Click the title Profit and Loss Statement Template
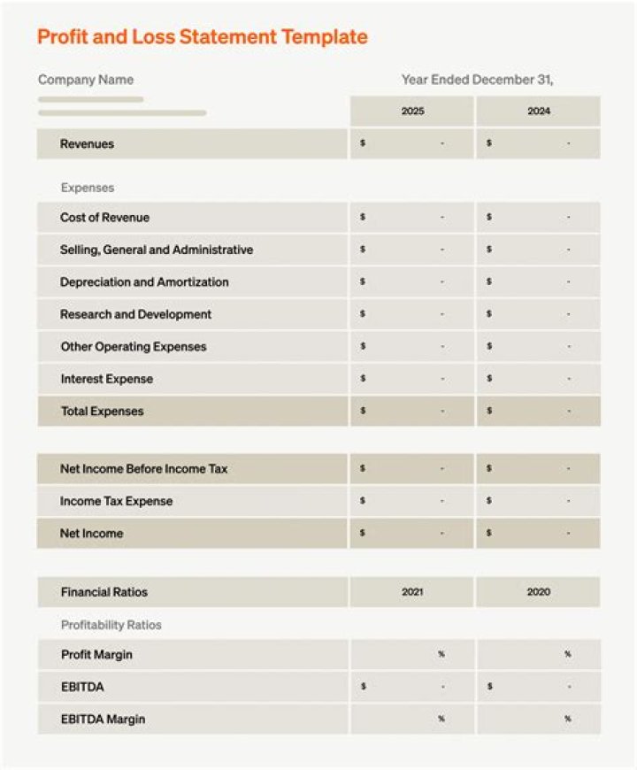202,37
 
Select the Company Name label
86,80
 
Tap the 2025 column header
412,112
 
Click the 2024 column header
538,112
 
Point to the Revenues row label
87,144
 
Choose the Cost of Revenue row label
104,218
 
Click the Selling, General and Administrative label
157,250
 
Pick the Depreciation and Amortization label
144,282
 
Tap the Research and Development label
135,315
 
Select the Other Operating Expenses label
133,347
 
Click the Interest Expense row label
106,380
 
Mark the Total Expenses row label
102,412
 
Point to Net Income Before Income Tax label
143,469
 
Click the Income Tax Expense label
116,502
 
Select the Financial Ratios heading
104,592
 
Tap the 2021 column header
412,592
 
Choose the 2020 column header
538,592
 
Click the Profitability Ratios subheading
111,626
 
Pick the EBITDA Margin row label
103,720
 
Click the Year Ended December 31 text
477,80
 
